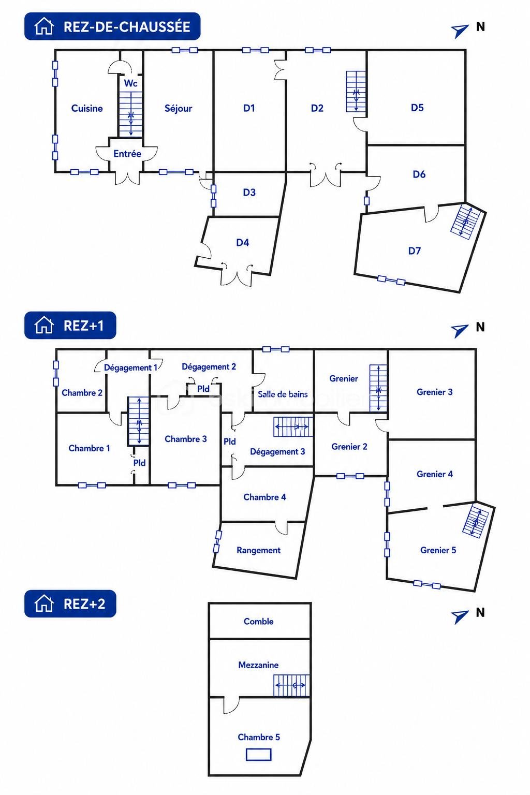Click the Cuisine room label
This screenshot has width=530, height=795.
(87, 108)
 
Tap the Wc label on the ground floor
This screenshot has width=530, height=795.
(130, 83)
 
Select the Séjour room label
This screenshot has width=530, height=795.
(178, 109)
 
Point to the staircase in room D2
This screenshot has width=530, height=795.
(356, 92)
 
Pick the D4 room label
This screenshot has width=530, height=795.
(242, 243)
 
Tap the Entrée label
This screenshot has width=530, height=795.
(127, 154)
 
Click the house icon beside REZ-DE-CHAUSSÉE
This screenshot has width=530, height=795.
(44, 26)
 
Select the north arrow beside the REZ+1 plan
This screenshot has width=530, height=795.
(460, 330)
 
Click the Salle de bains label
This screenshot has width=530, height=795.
(283, 394)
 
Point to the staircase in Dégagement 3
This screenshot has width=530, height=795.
(293, 426)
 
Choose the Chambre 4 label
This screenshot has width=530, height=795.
(264, 497)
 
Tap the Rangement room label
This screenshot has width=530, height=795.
(258, 551)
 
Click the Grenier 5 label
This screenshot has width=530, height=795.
(438, 550)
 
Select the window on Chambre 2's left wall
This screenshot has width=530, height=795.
(56, 373)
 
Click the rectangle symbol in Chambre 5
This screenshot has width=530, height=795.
(258, 755)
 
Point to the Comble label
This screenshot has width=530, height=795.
(258, 622)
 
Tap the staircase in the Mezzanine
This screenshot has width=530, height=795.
(291, 685)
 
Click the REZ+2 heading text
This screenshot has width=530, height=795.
(84, 604)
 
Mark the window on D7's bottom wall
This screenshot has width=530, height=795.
(391, 281)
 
